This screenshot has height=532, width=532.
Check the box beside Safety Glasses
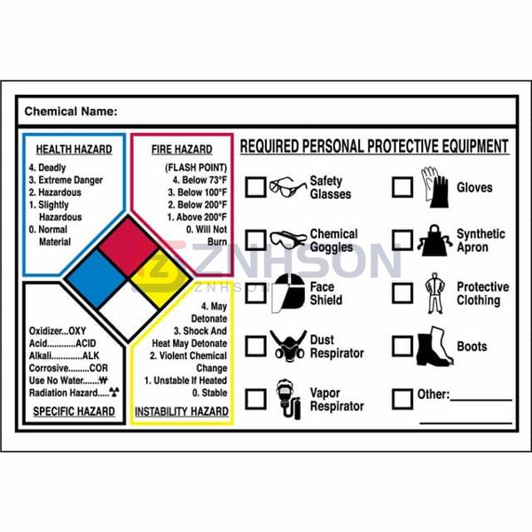tap(255, 187)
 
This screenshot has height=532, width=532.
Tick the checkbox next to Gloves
tap(402, 187)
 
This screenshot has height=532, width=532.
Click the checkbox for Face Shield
tap(255, 293)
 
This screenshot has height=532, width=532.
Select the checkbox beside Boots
tap(402, 346)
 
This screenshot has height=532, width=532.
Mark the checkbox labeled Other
tap(402, 398)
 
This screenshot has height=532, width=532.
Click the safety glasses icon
tap(287, 187)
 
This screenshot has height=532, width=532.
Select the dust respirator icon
tap(288, 346)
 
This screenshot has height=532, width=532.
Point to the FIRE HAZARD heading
tap(182, 149)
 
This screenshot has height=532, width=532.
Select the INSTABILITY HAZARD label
tap(182, 411)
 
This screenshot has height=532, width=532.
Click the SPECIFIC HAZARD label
tap(74, 411)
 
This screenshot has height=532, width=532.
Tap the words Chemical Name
tap(70, 112)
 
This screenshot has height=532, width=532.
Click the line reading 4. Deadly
tap(47, 167)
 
